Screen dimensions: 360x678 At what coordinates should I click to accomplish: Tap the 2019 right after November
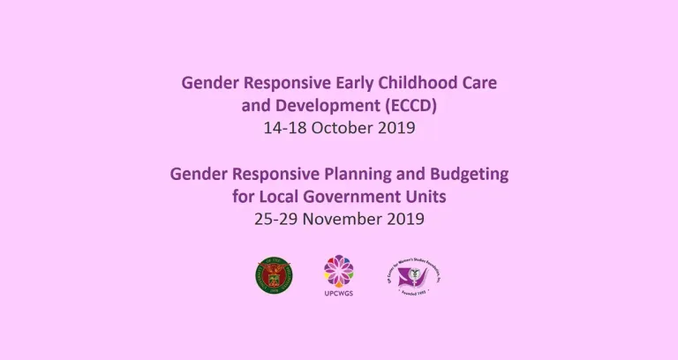click(x=404, y=219)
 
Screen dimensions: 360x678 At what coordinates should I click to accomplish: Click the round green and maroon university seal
click(x=272, y=275)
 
